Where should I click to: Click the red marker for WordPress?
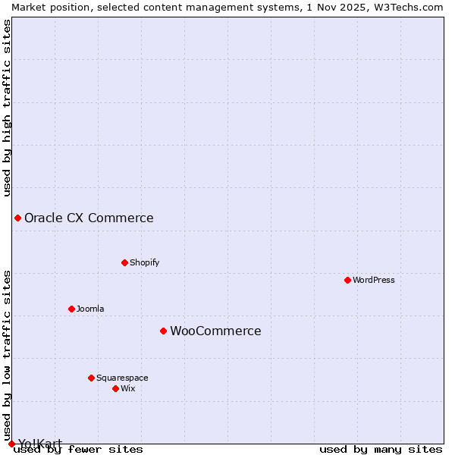(347, 280)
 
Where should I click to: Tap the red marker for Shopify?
(124, 262)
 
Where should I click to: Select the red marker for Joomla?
(71, 309)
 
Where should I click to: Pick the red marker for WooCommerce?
(163, 331)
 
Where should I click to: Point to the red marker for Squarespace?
(91, 378)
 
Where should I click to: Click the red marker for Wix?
(115, 388)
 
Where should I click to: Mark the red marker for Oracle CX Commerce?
(17, 218)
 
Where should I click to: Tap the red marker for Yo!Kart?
(11, 444)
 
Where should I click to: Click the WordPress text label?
(374, 280)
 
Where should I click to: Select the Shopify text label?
(144, 262)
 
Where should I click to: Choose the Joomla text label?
(90, 309)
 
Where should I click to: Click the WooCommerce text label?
(215, 331)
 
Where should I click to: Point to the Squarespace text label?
(122, 378)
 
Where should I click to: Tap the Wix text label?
(127, 388)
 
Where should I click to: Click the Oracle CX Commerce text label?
(89, 218)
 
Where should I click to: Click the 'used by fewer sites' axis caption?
(78, 449)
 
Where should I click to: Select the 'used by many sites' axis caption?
(381, 449)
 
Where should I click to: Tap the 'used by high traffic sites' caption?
(8, 108)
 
